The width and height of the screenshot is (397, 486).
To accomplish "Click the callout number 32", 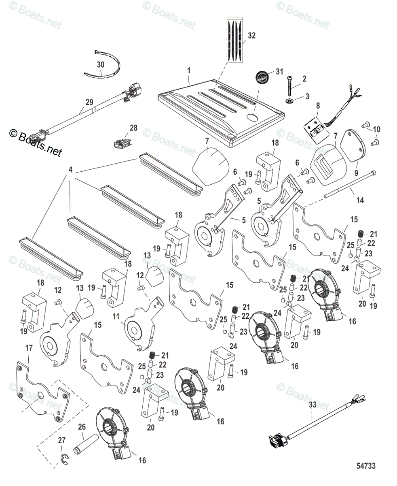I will coord(251,36).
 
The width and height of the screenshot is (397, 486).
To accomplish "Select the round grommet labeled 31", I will coord(262,77).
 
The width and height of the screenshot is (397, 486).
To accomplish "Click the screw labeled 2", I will coord(290,85).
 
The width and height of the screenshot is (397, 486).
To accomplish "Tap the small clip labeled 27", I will coord(63,458).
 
